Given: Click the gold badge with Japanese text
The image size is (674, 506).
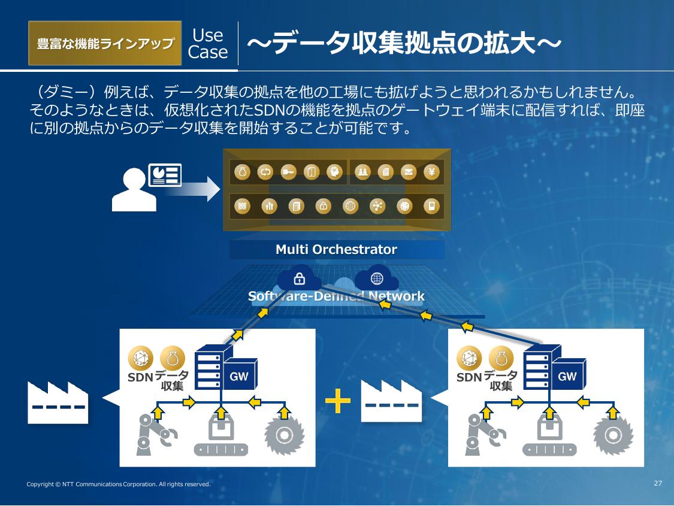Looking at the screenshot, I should [x=105, y=43].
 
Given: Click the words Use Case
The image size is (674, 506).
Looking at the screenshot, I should [x=208, y=44].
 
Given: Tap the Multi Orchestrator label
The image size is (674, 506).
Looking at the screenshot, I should [x=336, y=249].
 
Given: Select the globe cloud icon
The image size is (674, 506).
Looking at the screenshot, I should [x=377, y=278].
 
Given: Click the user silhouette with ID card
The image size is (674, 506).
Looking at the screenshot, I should [x=146, y=187].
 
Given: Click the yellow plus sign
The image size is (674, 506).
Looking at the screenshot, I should [x=338, y=401].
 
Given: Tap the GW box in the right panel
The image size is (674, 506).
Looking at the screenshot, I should [x=567, y=377].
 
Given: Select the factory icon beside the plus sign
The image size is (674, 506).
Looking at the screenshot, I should [x=391, y=400].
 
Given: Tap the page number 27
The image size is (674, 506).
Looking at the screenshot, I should [x=658, y=483].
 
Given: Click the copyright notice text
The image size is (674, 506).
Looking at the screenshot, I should [x=119, y=484].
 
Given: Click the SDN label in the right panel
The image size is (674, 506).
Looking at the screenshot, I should [x=469, y=378].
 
